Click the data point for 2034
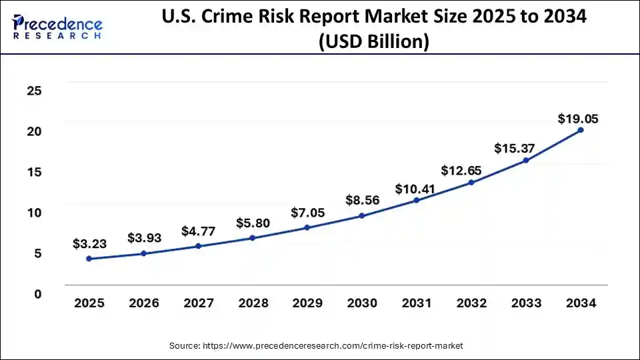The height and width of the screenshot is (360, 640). point(581,130)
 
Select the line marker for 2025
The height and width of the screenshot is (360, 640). point(89,259)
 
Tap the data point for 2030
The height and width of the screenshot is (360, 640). point(362,215)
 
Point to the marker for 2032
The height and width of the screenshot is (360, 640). point(471,182)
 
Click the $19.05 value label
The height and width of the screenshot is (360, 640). point(578,119)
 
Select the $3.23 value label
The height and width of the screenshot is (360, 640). point(90,244)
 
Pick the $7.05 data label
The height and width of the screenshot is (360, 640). point(308,213)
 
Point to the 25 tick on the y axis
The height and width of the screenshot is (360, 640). point(34,91)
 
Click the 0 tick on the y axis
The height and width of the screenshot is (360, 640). point(38,294)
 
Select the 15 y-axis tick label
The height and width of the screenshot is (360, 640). point(34,172)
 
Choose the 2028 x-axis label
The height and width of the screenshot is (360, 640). point(253,303)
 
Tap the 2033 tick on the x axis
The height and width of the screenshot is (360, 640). point(526,303)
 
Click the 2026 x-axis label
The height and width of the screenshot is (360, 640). point(144,303)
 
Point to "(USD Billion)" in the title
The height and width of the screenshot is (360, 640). point(373,41)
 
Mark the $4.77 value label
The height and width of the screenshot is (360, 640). point(199,232)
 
